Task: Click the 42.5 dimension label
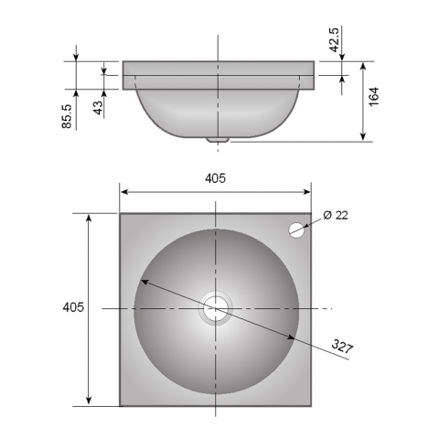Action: (x=335, y=40)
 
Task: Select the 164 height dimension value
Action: (x=374, y=96)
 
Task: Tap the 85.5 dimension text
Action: (x=67, y=116)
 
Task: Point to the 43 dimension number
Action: (x=99, y=108)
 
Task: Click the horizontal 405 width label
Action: (x=215, y=178)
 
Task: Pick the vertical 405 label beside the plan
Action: (x=73, y=307)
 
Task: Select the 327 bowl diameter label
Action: (x=342, y=347)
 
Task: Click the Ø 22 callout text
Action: (x=336, y=215)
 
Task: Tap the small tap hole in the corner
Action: (x=296, y=230)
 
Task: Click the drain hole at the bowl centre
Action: (x=216, y=308)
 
